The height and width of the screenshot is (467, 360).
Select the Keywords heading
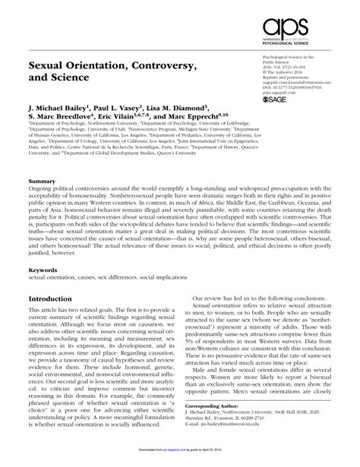[x=43, y=269]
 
